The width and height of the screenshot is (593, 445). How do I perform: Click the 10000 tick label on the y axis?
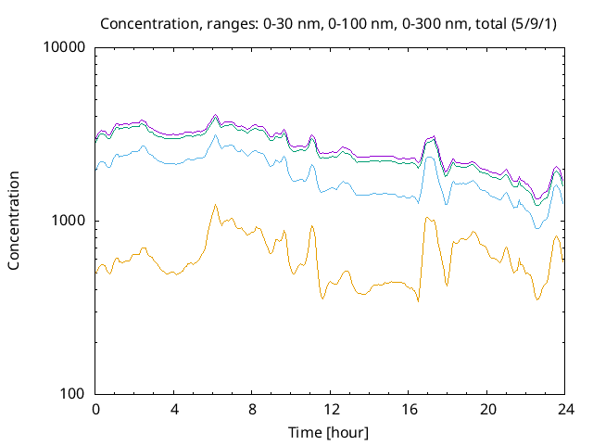(66, 48)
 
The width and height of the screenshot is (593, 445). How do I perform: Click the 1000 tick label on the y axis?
(69, 221)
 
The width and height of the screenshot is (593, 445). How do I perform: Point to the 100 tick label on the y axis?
(73, 393)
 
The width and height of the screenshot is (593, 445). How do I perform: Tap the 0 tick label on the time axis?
(95, 409)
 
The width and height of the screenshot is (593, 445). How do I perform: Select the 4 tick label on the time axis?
(174, 409)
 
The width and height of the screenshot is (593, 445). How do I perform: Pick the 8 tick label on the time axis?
(252, 409)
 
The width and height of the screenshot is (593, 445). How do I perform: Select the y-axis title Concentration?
(14, 221)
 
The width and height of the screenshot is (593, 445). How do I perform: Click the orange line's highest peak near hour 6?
(215, 205)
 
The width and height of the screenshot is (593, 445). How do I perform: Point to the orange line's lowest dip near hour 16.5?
(418, 301)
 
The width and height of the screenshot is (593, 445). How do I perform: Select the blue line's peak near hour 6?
(215, 135)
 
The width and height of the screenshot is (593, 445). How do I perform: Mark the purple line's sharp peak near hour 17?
(433, 136)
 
